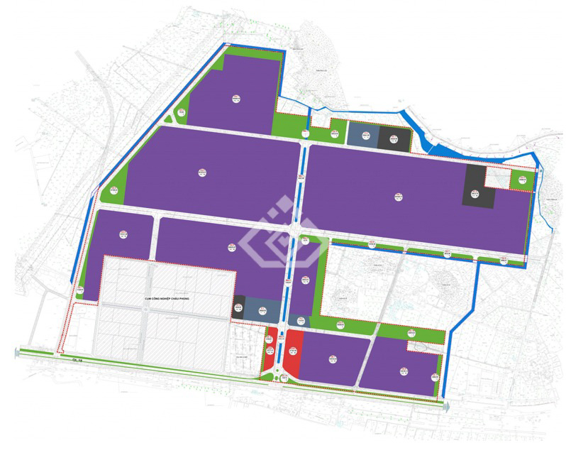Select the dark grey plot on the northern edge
(x=394, y=139)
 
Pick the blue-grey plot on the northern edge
(x=362, y=137)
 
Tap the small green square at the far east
(x=522, y=180)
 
